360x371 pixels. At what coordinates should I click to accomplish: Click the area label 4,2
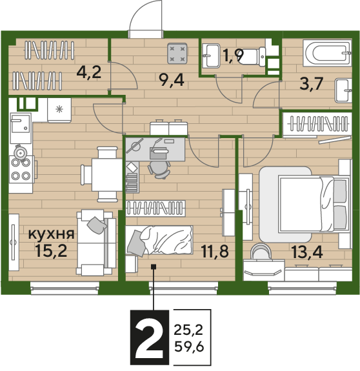pos(89,72)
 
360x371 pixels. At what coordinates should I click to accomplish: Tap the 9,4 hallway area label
pos(172,80)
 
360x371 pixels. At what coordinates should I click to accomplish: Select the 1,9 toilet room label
pos(233,55)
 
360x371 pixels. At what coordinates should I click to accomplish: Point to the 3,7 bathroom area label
pos(311,83)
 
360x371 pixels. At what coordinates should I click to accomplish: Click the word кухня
pos(52,234)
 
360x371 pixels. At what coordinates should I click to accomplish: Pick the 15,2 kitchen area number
pos(52,250)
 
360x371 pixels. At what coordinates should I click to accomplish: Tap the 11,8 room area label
pos(215,251)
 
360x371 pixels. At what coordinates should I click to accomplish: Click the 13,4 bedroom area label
pos(307,252)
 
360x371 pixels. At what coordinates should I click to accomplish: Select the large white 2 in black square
pos(149,337)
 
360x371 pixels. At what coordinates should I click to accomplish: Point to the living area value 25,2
pos(188,330)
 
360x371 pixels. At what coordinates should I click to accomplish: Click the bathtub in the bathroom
pos(327,53)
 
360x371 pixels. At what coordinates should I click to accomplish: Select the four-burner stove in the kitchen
pos(21,169)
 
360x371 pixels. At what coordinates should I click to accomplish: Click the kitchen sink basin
pos(21,123)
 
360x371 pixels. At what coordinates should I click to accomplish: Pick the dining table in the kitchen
pos(107,175)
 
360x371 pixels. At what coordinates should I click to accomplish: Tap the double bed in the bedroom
pos(314,204)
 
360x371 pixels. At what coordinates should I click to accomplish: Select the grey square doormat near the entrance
pos(177,54)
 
